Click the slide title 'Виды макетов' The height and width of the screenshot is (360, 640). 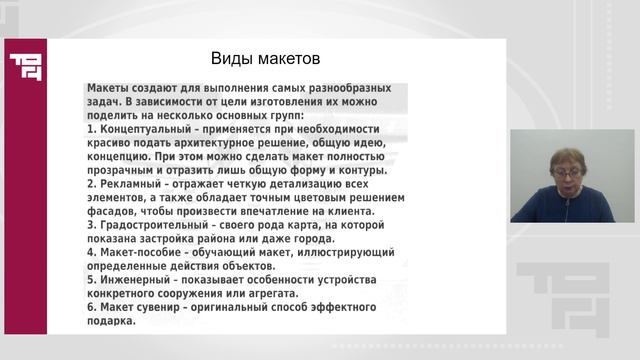(265, 58)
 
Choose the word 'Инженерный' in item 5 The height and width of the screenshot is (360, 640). (134, 281)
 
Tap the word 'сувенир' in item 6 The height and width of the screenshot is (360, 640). (164, 309)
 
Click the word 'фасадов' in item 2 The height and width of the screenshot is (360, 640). (112, 212)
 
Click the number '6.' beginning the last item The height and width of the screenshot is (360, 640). (91, 309)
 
